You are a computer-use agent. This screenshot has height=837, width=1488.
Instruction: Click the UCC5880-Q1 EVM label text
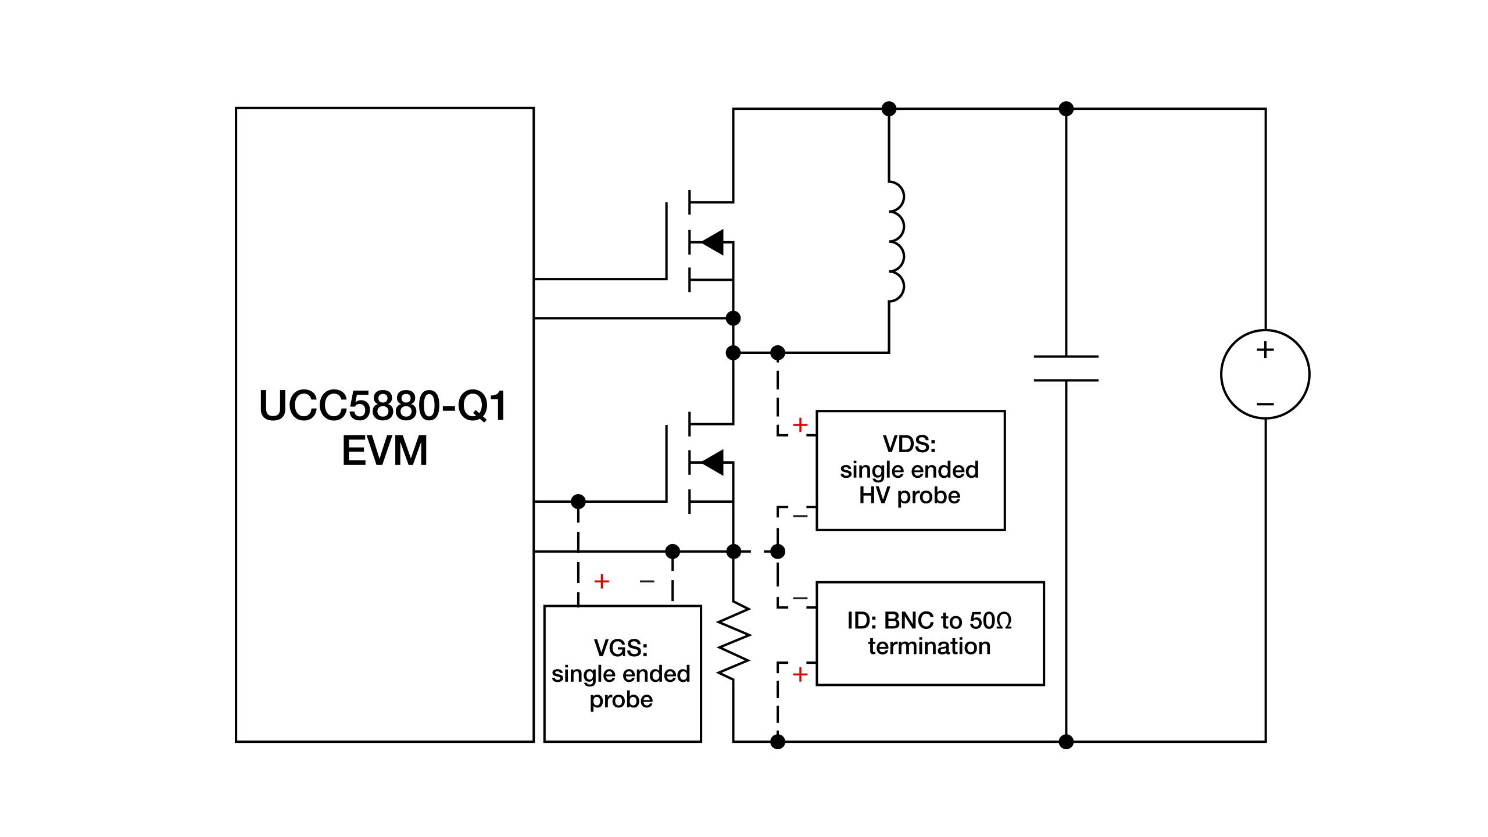tap(384, 428)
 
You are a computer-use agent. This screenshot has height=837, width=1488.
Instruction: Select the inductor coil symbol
tap(895, 242)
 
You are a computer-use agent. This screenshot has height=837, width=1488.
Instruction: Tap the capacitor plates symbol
tap(1066, 369)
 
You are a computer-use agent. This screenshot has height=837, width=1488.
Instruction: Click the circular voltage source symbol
tap(1265, 374)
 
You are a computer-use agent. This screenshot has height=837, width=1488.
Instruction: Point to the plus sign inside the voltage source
tap(1265, 350)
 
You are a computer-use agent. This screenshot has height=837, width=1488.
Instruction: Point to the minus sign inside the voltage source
tap(1265, 404)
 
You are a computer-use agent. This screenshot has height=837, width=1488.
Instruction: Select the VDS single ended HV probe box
tap(910, 471)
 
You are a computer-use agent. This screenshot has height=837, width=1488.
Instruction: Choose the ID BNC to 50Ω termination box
tap(930, 634)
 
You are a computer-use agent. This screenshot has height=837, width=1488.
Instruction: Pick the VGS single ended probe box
tap(622, 674)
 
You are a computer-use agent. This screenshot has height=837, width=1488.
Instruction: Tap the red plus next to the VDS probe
tap(800, 425)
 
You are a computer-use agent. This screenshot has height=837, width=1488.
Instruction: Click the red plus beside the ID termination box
tap(800, 674)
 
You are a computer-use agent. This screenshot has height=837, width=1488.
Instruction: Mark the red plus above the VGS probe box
tap(602, 581)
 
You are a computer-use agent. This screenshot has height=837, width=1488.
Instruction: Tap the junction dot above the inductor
tap(889, 109)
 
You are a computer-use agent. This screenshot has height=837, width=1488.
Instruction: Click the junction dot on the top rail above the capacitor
tap(1066, 109)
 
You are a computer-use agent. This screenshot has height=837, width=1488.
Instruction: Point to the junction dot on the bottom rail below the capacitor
tap(1066, 742)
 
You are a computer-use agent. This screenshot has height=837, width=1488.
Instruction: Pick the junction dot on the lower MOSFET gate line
tap(578, 501)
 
